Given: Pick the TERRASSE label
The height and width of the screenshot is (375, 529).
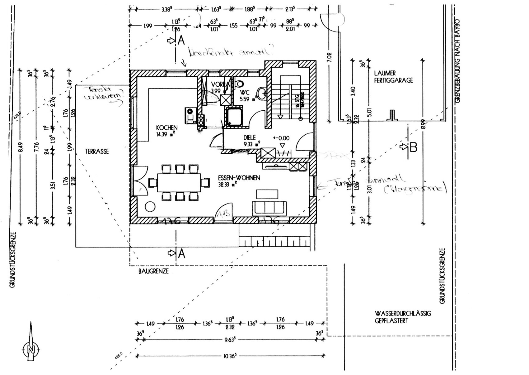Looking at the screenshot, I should point(97,151).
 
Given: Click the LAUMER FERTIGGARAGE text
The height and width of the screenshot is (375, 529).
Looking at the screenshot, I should point(393,77).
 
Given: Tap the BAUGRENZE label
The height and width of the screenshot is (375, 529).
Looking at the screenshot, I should point(153,271).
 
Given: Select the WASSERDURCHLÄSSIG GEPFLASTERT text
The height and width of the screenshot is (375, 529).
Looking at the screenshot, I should point(403,317).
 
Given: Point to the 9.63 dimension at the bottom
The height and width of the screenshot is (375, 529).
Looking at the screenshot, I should point(231,340).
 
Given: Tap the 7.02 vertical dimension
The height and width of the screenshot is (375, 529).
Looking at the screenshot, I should point(330,57).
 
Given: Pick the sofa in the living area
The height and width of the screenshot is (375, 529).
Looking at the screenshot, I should point(269,208).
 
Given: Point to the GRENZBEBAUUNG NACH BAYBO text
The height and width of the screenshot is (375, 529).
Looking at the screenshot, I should point(457,61).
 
